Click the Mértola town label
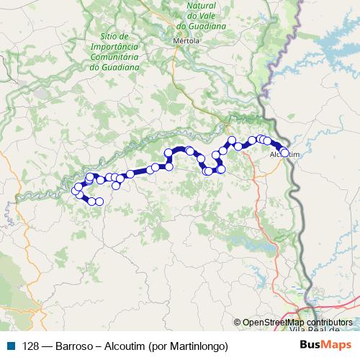(x=186, y=41)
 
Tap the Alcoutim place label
(x=283, y=155)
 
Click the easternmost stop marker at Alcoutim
(x=284, y=152)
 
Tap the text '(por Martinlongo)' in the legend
(x=187, y=346)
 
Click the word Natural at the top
(x=201, y=14)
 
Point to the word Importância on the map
(x=114, y=46)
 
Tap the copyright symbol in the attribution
(x=238, y=323)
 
